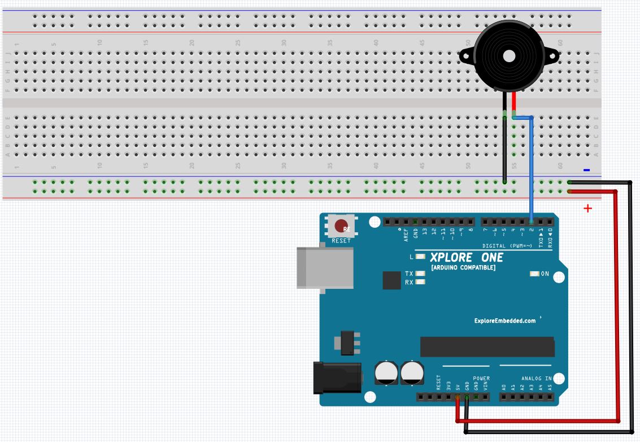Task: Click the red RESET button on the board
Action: [341, 227]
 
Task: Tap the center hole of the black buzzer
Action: [508, 56]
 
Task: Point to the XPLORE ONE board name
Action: [467, 258]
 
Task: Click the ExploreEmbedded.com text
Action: [505, 321]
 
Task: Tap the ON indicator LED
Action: [534, 274]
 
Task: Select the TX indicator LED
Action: [420, 274]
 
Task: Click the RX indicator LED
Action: [420, 282]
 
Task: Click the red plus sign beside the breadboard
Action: [587, 209]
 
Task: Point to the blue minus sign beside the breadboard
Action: [586, 170]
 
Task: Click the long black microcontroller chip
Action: [487, 346]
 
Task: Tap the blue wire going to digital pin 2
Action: [532, 170]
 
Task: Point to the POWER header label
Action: [481, 378]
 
